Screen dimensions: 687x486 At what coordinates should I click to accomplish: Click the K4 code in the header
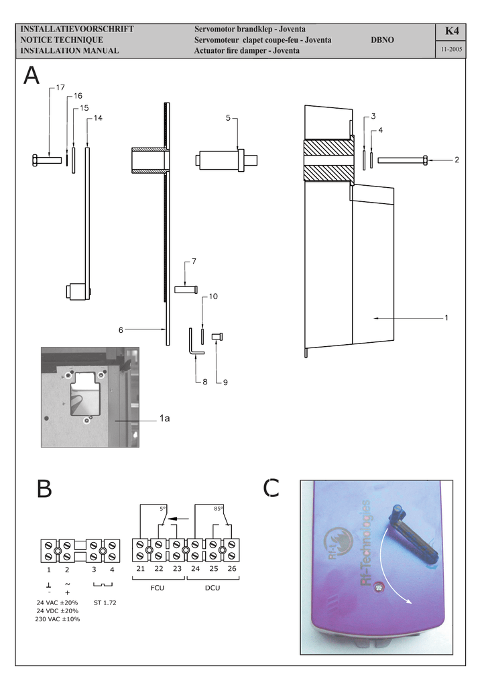(x=451, y=32)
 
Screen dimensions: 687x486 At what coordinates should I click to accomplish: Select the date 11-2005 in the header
(x=451, y=50)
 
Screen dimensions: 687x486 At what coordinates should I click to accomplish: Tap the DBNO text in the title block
(x=382, y=40)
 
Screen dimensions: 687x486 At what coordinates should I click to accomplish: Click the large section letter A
(x=32, y=75)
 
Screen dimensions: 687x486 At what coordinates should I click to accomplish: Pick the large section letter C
(x=271, y=488)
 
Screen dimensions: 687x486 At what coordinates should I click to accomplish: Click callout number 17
(x=60, y=88)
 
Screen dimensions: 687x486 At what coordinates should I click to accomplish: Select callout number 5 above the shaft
(x=228, y=118)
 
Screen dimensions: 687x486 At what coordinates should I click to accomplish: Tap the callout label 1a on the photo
(x=164, y=419)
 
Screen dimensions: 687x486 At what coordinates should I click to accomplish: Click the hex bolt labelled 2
(x=402, y=160)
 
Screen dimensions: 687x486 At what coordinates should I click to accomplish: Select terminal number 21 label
(x=140, y=569)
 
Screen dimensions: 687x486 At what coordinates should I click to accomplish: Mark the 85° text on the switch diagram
(x=219, y=508)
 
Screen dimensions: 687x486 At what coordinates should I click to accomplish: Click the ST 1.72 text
(x=105, y=602)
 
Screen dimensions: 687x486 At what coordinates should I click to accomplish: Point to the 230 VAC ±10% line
(x=58, y=619)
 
